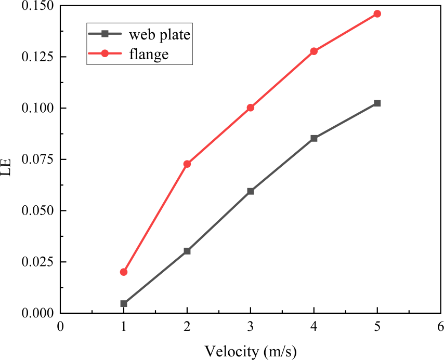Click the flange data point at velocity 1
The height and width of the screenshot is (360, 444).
click(x=124, y=272)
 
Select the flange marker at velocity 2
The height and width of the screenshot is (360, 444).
click(x=187, y=164)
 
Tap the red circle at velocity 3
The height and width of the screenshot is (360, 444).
click(x=251, y=108)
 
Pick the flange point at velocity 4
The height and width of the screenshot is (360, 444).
click(x=314, y=51)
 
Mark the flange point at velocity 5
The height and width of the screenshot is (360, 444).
click(x=377, y=14)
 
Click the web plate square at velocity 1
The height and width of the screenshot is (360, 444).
click(x=124, y=303)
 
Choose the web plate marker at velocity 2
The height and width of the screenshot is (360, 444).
click(x=187, y=251)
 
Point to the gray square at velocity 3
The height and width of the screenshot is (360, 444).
click(x=251, y=191)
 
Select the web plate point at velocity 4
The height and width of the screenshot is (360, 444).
click(x=314, y=138)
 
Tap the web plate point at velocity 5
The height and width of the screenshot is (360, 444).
click(x=377, y=103)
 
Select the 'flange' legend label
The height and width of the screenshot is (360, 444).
click(x=149, y=54)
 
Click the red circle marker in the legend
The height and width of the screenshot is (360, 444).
click(x=105, y=53)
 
